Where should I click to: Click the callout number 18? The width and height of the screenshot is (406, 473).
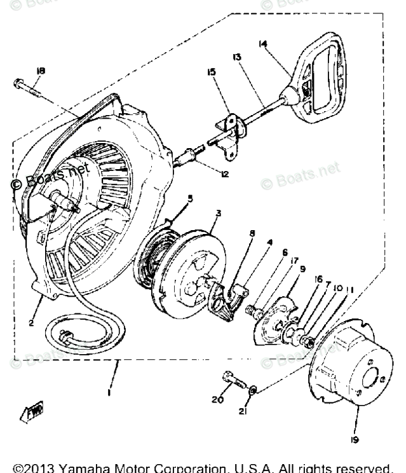(41, 71)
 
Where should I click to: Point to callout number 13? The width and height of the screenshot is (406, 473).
(237, 57)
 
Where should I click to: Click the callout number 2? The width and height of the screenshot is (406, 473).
(30, 322)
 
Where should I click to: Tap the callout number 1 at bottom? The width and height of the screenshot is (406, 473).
(110, 392)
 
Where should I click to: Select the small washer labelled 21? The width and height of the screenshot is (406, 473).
(253, 388)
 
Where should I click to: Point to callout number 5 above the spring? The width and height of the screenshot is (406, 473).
(189, 198)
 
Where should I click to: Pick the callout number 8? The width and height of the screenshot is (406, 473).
(252, 233)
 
